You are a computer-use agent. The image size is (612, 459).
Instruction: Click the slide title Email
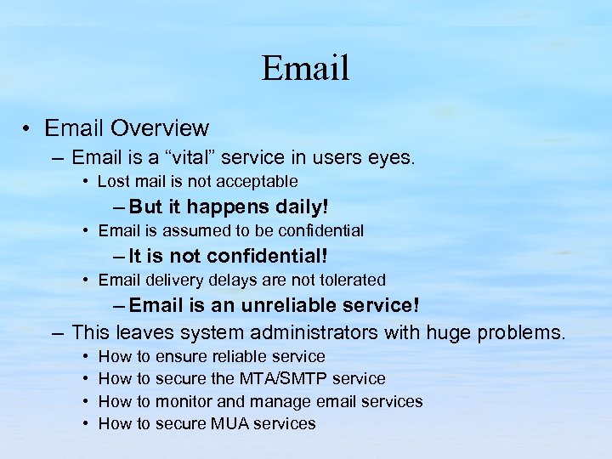coord(305,68)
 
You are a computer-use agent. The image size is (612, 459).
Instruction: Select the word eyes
coord(389,158)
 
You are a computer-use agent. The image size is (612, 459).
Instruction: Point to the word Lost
coord(114,181)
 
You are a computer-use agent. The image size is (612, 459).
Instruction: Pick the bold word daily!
coord(303,207)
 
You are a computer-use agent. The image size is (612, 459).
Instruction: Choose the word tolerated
coord(348,280)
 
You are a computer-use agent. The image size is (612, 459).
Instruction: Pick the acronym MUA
coord(228,422)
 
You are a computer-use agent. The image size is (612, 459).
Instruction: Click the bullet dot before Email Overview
coord(28,129)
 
